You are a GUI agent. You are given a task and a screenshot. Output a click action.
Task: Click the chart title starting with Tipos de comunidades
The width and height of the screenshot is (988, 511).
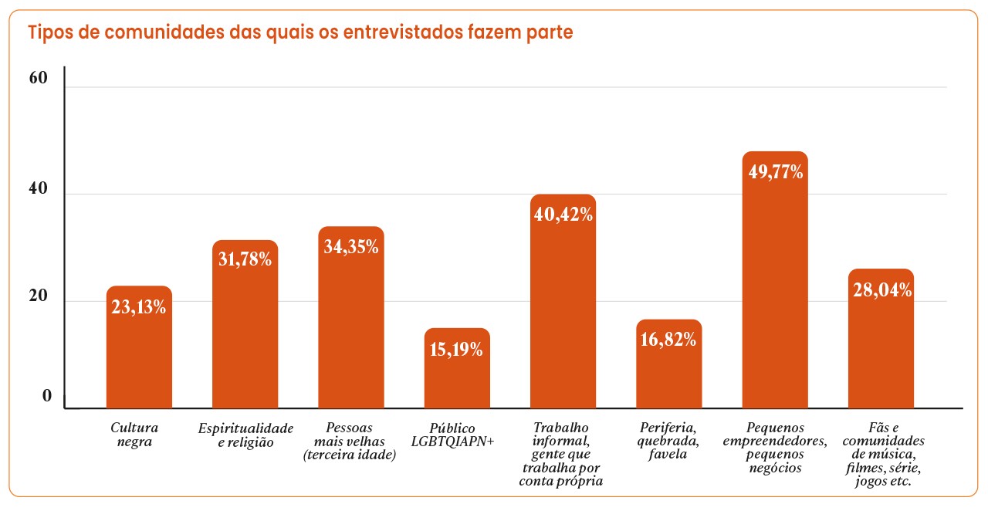pos(300,33)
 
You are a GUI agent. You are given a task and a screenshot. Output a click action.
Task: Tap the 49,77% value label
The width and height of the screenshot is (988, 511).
pos(775,171)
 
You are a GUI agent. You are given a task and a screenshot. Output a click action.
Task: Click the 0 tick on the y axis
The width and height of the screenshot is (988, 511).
pos(46,397)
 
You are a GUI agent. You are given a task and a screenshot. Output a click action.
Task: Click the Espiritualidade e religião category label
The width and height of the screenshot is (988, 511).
pos(245,435)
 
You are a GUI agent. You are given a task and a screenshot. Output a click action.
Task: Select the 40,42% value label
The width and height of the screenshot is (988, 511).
pos(563,214)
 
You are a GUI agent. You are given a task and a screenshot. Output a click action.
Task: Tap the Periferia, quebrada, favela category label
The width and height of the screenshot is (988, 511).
pos(668,441)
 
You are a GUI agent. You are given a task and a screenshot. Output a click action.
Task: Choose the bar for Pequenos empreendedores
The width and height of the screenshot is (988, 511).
pos(775,293)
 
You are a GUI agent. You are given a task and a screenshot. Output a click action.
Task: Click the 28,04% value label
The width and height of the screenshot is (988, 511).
pos(881,290)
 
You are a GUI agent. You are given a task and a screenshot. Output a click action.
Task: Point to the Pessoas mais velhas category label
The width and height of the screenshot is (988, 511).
pos(350,441)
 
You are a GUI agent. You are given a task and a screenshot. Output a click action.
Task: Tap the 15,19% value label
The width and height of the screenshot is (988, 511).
pos(457,349)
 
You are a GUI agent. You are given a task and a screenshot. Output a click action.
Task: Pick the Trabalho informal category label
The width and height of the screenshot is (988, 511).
pos(562,455)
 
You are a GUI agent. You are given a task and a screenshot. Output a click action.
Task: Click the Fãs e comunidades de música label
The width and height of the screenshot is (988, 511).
pos(883,455)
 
